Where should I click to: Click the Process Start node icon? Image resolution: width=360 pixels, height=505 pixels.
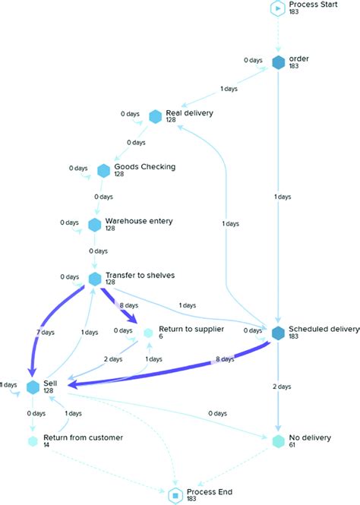(278, 8)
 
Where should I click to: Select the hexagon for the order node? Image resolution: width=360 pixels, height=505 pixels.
(278, 62)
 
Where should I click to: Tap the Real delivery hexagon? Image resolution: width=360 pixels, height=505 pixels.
(156, 116)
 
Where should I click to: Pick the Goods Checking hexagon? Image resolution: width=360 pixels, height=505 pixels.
(103, 169)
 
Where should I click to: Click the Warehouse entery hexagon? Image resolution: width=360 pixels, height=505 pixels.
(94, 224)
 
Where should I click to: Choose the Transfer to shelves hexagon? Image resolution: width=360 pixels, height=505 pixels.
(95, 279)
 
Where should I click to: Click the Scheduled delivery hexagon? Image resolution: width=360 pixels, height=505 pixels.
(278, 333)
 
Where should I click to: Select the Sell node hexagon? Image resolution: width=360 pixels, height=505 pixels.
(33, 387)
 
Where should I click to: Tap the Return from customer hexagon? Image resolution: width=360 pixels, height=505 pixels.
(33, 441)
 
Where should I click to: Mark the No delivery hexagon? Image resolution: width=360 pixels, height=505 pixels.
(278, 441)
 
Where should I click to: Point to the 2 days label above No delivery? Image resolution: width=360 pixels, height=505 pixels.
(281, 387)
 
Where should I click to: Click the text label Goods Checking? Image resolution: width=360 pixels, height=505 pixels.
(144, 166)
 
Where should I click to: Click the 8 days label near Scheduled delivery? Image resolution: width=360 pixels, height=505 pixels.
(224, 359)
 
